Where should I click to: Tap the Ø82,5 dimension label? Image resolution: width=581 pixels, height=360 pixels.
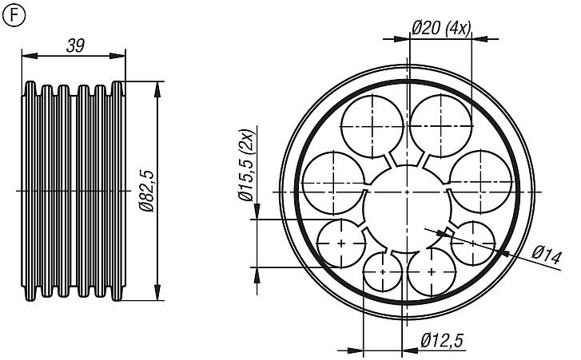pyautogui.click(x=145, y=191)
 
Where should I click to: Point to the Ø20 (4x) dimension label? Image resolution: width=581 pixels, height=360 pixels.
pyautogui.click(x=440, y=28)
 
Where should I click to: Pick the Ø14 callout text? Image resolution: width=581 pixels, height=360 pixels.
pyautogui.click(x=547, y=256)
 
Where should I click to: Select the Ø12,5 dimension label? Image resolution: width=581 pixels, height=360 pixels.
pyautogui.click(x=442, y=341)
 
